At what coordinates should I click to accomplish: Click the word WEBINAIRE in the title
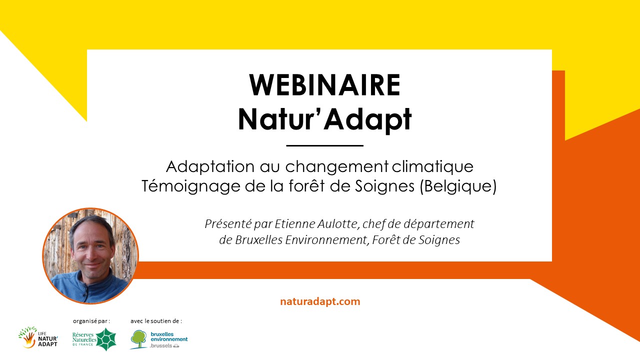pos(325,85)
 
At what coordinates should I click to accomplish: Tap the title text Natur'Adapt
pos(325,119)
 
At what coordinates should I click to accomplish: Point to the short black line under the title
pos(325,145)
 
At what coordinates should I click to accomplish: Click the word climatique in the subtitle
pos(432,167)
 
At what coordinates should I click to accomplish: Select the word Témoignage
pos(191,187)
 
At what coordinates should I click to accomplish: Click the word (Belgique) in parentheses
pos(458,186)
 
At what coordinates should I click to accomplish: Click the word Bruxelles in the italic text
pos(259,240)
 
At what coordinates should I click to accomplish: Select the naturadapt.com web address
pos(320,301)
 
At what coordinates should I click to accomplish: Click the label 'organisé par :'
pos(91,321)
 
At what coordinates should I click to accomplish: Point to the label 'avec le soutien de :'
pos(156,321)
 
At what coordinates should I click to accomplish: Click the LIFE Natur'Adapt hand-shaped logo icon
pos(28,337)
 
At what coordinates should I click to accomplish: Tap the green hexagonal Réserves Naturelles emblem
pos(106,339)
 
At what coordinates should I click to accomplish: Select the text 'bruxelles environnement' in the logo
pos(169,336)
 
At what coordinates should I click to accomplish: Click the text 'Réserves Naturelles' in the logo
pos(84,337)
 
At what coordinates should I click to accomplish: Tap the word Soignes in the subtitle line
pos(385,187)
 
